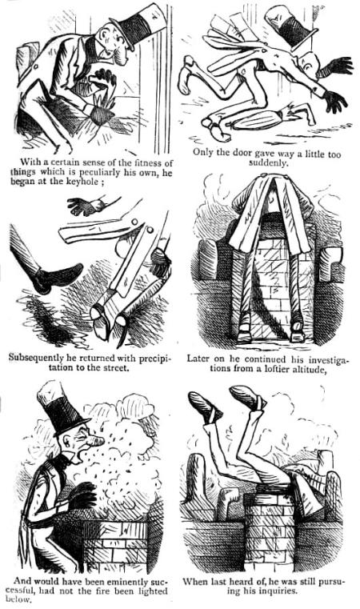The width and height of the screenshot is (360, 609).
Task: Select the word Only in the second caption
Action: pyautogui.click(x=205, y=151)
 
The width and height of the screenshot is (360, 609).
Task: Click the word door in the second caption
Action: pyautogui.click(x=250, y=151)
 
